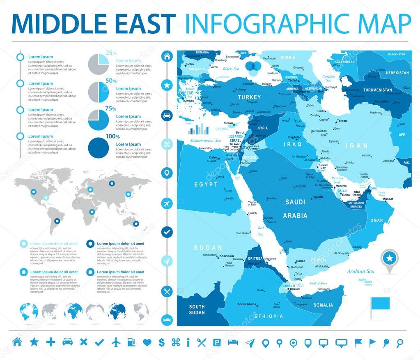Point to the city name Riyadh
pos(317,197)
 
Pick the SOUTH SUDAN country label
pos(197,310)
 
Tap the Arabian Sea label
pos(360,271)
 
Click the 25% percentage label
pos(111,53)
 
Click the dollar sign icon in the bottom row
pos(161,342)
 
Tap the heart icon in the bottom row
pos(147,342)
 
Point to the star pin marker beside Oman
pos(389,258)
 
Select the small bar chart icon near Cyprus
pos(198,130)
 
